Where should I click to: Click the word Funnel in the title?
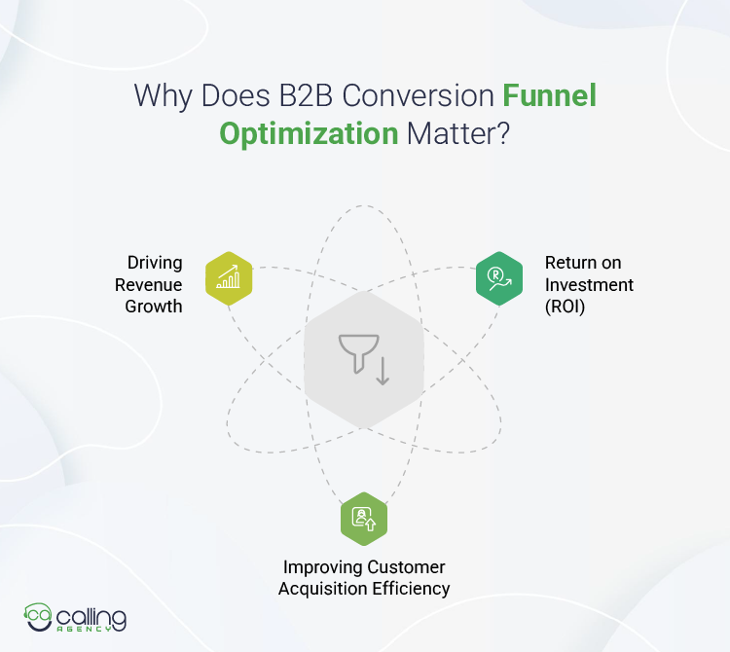[x=549, y=96]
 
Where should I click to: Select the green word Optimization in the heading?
[x=308, y=132]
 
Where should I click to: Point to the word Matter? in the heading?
[x=457, y=132]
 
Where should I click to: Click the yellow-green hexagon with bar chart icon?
[x=229, y=278]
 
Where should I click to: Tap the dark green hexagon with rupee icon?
[x=499, y=278]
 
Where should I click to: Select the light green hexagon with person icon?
[x=364, y=519]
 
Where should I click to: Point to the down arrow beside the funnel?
[x=382, y=370]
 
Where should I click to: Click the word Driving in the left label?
[x=155, y=263]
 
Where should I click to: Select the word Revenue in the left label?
[x=149, y=284]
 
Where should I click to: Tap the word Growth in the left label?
[x=153, y=307]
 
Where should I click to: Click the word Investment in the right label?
[x=589, y=284]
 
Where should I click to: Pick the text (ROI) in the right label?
[x=566, y=307]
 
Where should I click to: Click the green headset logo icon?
[x=37, y=616]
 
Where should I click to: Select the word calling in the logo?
[x=91, y=615]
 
